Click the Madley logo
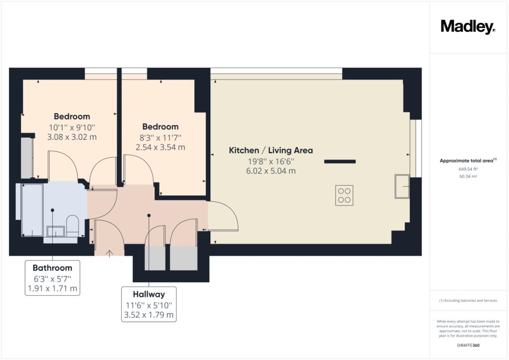click(x=468, y=27)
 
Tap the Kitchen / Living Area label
click(x=271, y=150)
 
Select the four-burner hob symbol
click(x=344, y=195)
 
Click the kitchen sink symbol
click(x=402, y=186)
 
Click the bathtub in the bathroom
click(x=32, y=210)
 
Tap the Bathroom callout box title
click(x=52, y=268)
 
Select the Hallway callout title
click(x=149, y=294)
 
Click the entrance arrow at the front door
click(x=109, y=254)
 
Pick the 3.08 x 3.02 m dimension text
click(x=72, y=137)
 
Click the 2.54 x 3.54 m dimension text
click(x=161, y=147)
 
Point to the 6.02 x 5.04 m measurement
click(x=271, y=171)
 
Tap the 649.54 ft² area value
click(x=468, y=169)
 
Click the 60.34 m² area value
click(x=468, y=177)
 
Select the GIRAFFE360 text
click(x=468, y=345)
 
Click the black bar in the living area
click(x=340, y=161)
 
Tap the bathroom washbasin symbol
click(x=56, y=231)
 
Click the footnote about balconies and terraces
click(x=468, y=301)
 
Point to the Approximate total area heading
click(x=468, y=161)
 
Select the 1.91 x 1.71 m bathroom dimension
click(x=52, y=288)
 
